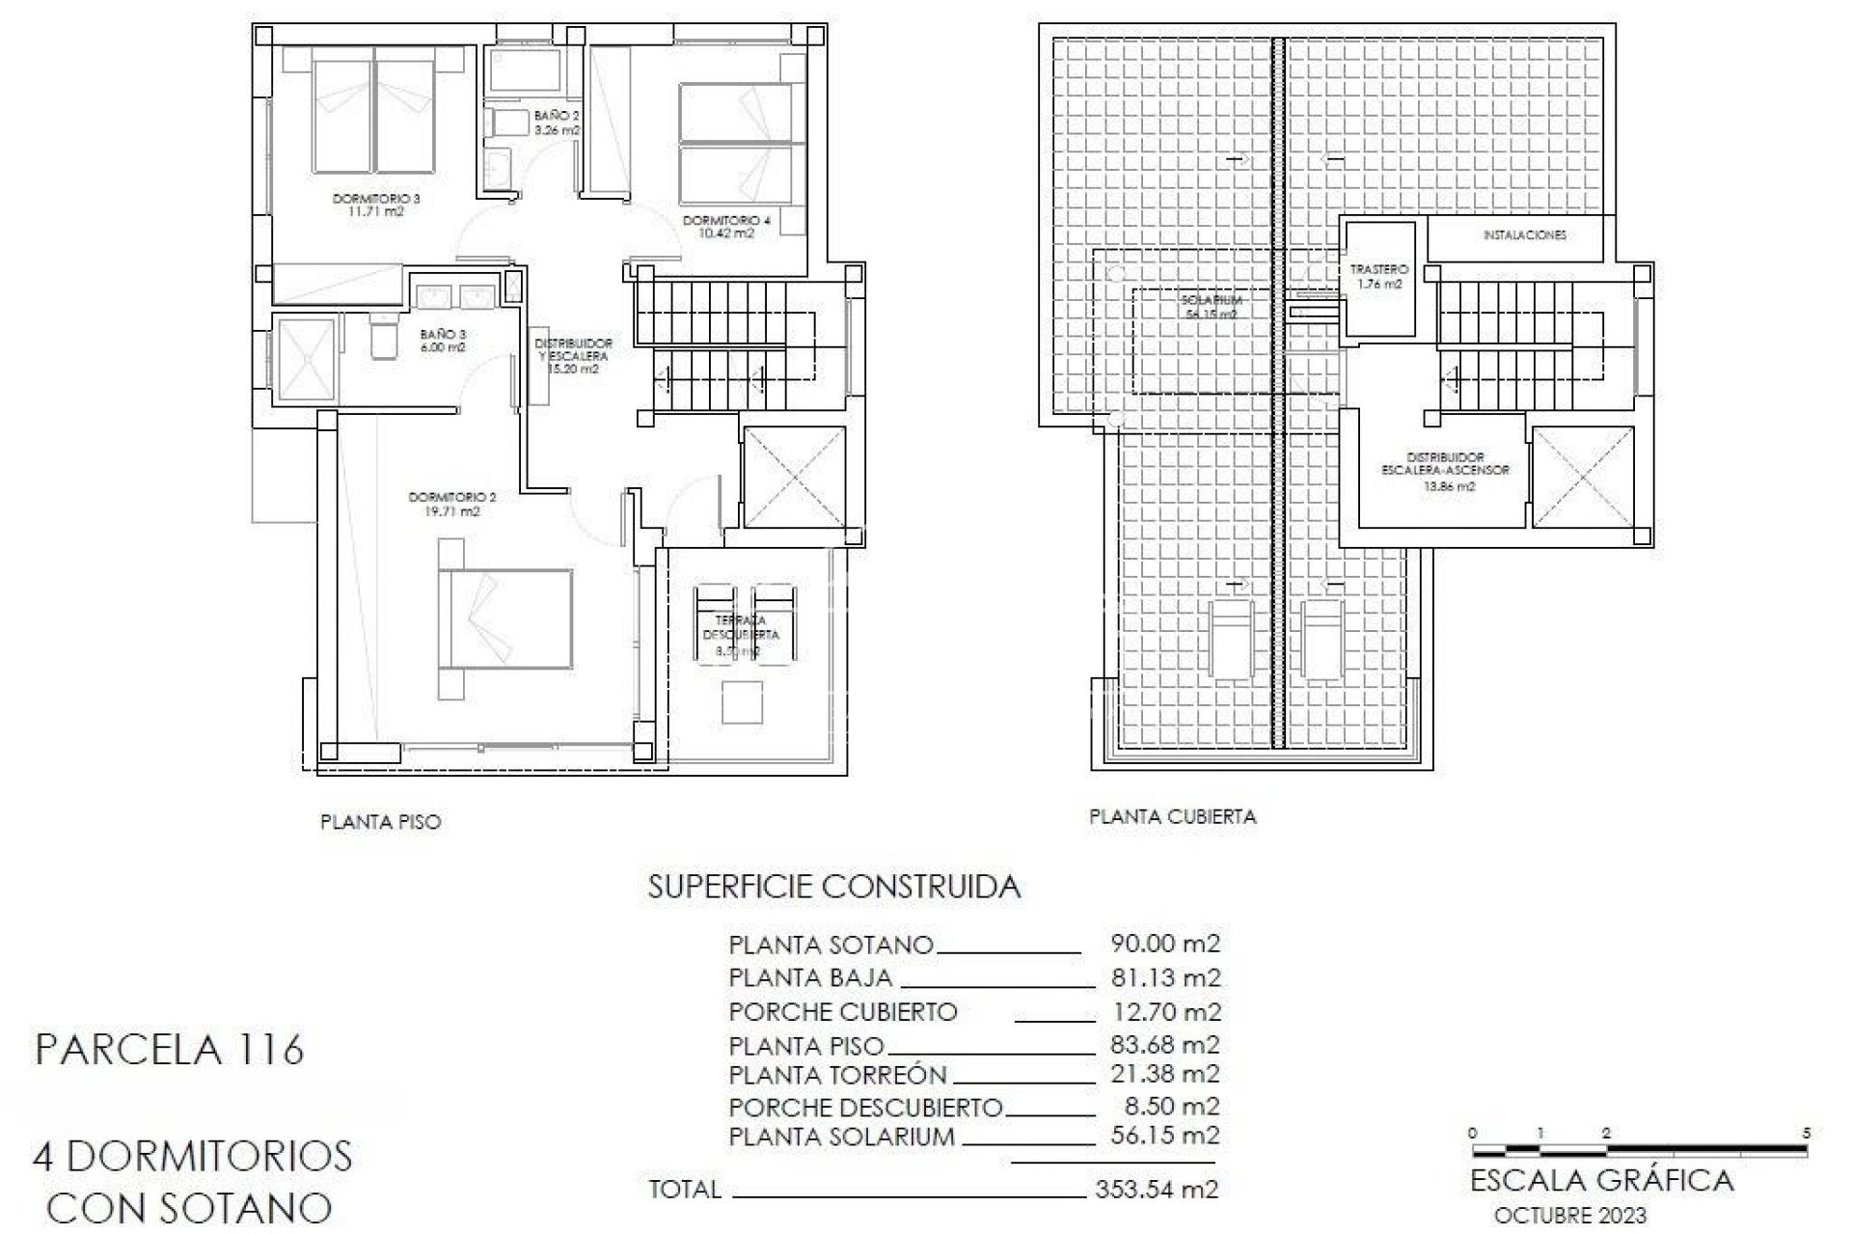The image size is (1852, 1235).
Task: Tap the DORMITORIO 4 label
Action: (x=726, y=227)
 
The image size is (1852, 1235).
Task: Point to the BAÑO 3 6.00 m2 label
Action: (x=442, y=341)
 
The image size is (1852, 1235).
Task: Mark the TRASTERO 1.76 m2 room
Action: (x=1379, y=277)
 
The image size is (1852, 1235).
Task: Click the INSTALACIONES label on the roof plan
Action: (x=1524, y=235)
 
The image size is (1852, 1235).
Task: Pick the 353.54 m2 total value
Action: (x=1157, y=1189)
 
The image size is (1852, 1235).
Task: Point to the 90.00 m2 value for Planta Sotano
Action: (x=1165, y=944)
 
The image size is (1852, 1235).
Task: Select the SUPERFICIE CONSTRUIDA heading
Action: (x=833, y=887)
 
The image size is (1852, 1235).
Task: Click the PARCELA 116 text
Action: (x=170, y=1049)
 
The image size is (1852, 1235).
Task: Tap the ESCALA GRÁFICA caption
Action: (x=1601, y=1180)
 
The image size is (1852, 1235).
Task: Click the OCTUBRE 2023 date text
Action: (x=1569, y=1216)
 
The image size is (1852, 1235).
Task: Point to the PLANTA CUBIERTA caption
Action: (x=1172, y=816)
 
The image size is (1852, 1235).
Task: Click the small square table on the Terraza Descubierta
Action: (x=743, y=702)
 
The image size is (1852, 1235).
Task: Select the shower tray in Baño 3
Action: (x=305, y=359)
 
